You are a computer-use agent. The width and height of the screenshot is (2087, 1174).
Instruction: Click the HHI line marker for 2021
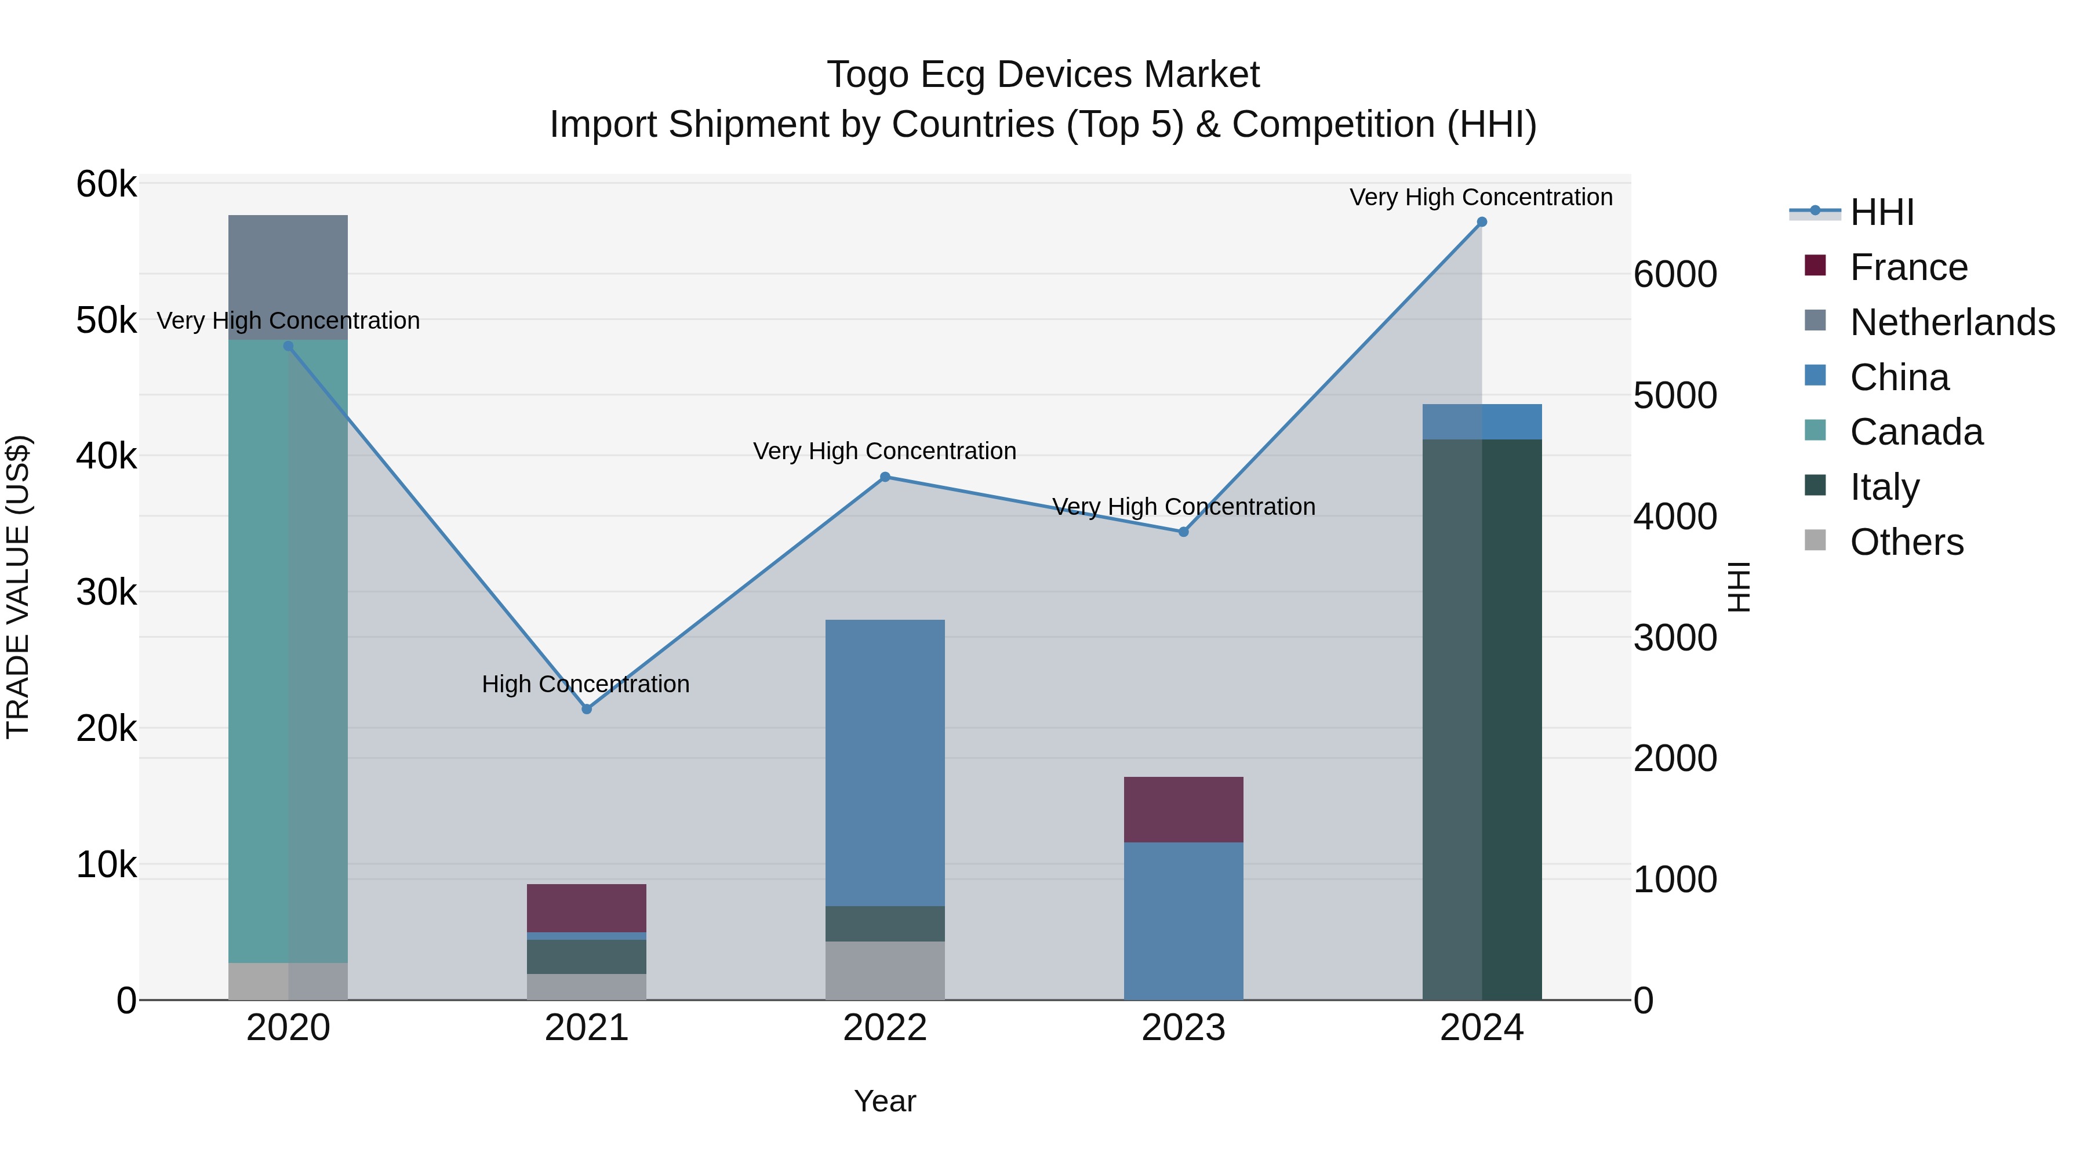pyautogui.click(x=587, y=709)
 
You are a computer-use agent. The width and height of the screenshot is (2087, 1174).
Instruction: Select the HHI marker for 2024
pyautogui.click(x=1482, y=222)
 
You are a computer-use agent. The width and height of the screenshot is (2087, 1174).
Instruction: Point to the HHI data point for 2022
pyautogui.click(x=885, y=477)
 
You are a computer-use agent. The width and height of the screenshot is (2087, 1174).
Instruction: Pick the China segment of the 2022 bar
pyautogui.click(x=885, y=762)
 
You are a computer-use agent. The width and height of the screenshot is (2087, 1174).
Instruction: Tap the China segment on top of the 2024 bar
pyautogui.click(x=1482, y=421)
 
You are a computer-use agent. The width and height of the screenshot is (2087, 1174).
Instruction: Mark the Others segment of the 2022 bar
pyautogui.click(x=885, y=970)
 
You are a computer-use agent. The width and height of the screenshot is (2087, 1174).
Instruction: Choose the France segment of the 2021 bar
pyautogui.click(x=587, y=907)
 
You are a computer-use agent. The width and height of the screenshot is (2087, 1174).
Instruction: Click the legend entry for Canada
pyautogui.click(x=1915, y=432)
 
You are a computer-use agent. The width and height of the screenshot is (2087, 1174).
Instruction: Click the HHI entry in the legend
pyautogui.click(x=1881, y=212)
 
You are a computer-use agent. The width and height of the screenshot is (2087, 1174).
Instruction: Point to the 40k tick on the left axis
pyautogui.click(x=106, y=456)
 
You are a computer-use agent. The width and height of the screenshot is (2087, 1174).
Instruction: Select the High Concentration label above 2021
pyautogui.click(x=585, y=684)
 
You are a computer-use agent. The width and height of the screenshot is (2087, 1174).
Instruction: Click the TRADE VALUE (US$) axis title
pyautogui.click(x=18, y=587)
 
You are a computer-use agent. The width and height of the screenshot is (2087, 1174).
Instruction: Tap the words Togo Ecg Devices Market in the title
pyautogui.click(x=1043, y=75)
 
